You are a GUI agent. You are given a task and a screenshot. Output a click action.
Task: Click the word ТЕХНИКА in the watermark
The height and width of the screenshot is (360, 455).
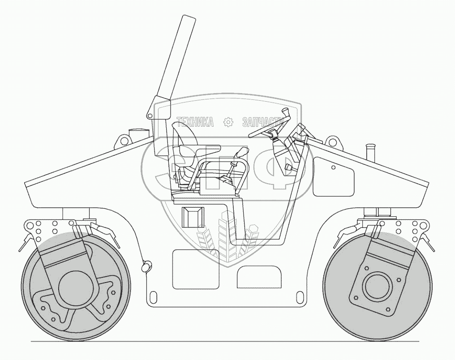pos(195,122)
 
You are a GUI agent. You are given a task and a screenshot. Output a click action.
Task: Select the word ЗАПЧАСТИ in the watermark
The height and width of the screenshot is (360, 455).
pos(263,122)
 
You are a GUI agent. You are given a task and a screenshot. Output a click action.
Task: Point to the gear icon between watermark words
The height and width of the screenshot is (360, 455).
pos(228,122)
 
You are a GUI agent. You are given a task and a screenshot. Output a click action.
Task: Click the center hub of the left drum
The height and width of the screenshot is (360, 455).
pos(75,287)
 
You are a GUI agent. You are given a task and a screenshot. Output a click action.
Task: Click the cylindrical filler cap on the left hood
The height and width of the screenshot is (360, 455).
pos(137,133)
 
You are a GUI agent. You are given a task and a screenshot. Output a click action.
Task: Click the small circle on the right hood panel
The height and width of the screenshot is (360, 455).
pos(333,167)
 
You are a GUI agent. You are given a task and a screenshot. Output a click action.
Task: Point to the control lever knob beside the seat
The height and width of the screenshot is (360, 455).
pos(242,153)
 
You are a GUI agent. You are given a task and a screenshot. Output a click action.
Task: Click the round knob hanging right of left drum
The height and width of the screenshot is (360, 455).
pos(146,266)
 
